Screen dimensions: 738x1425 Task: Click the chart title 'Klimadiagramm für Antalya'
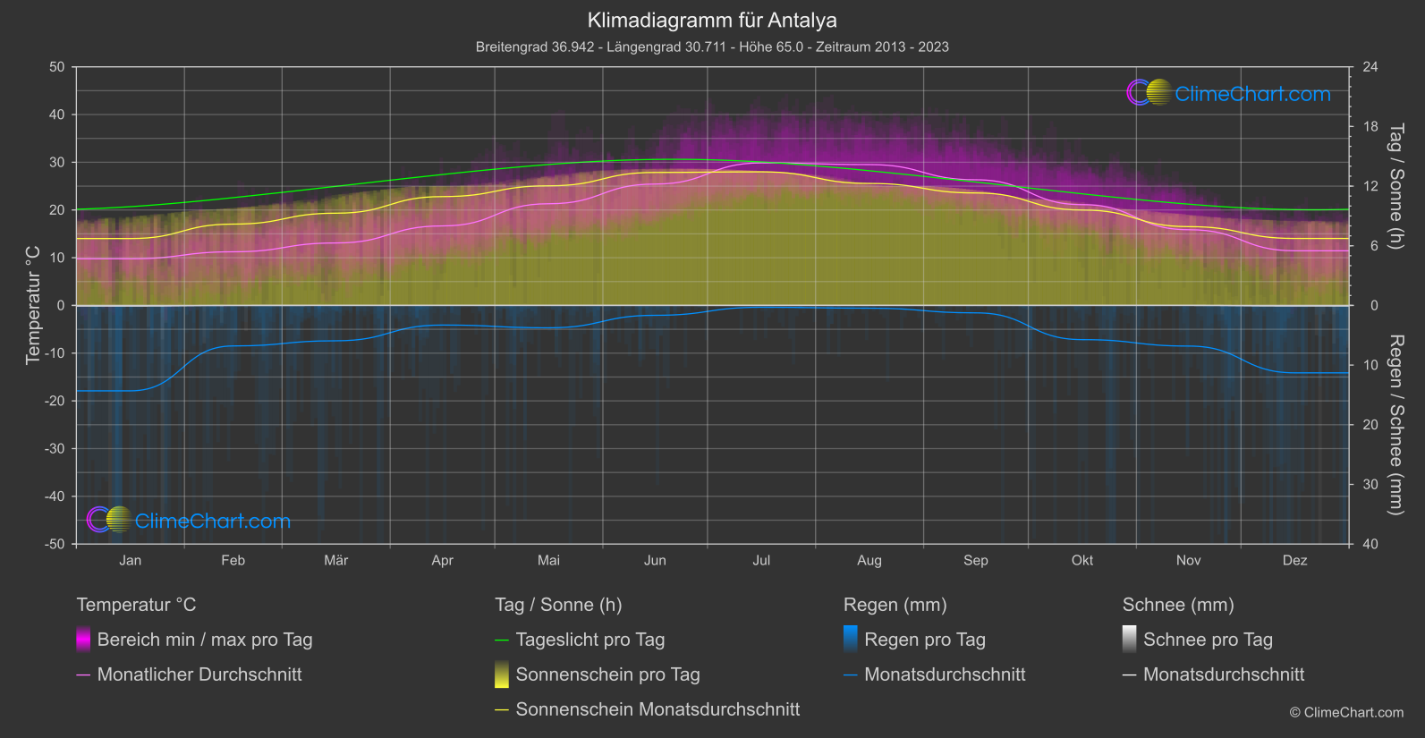712,21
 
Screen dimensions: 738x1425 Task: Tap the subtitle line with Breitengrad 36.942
712,47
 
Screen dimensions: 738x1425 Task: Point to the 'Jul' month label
761,560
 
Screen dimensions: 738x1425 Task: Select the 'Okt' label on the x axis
1082,560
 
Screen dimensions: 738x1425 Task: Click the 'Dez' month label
1294,560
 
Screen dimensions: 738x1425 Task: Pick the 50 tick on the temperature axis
57,67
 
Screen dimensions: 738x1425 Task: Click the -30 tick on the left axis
55,449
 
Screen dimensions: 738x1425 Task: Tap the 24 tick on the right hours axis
1370,67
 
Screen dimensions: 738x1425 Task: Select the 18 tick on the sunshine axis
1370,127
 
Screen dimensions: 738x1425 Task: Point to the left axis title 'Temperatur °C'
33,305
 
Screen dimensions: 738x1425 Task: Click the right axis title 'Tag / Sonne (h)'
1395,186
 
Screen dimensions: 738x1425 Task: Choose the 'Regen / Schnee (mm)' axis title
1395,425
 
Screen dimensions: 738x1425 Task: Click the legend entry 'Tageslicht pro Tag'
590,640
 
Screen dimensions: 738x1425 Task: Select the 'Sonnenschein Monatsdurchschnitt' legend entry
657,709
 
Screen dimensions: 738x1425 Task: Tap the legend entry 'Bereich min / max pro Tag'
205,640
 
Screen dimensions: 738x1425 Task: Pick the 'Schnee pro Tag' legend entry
1208,640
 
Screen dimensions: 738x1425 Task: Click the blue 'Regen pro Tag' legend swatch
851,639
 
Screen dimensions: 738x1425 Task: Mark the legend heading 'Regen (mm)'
895,605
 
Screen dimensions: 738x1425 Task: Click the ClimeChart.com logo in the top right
1229,93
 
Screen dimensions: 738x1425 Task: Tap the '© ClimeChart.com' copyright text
1346,712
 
